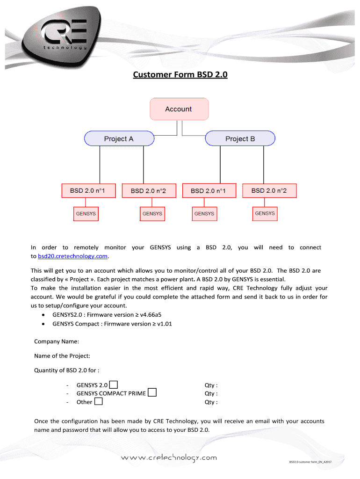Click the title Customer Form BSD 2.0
(x=180, y=74)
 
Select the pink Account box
(x=179, y=109)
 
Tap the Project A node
(x=119, y=138)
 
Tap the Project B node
(x=240, y=138)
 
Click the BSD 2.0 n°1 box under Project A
(x=87, y=190)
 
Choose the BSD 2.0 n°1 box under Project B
(x=209, y=191)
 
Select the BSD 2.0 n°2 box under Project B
(x=268, y=190)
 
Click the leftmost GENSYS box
(x=86, y=214)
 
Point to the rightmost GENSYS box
(x=265, y=213)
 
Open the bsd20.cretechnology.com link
(x=72, y=256)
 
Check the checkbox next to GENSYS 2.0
(x=113, y=385)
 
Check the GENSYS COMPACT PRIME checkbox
(x=152, y=393)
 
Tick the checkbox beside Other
(x=98, y=401)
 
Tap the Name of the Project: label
(x=62, y=356)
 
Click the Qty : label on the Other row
(x=211, y=402)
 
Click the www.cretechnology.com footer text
(x=169, y=457)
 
